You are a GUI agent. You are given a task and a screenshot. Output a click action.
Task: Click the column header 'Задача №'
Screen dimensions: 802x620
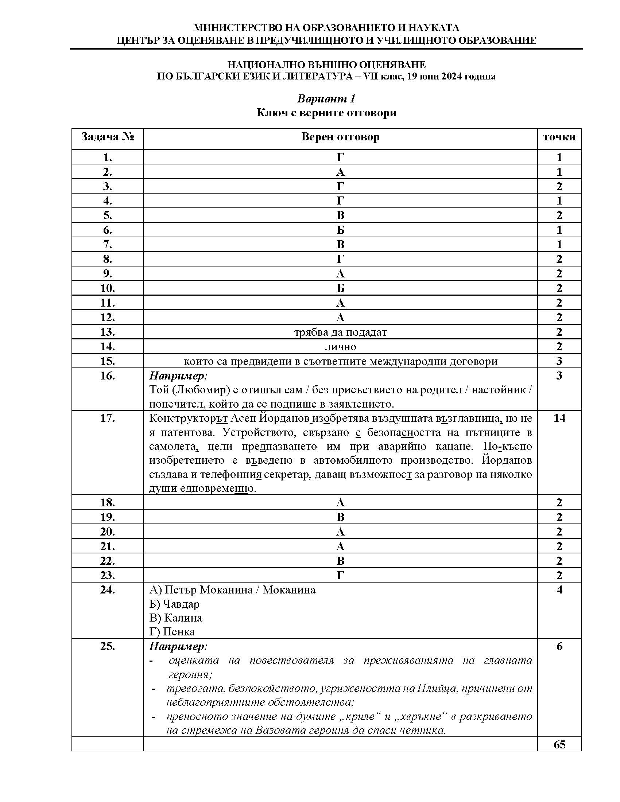coord(107,137)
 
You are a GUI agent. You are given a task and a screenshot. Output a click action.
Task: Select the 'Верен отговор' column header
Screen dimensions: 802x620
coord(340,137)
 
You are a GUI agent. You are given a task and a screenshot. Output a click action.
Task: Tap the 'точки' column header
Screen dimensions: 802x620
coord(559,137)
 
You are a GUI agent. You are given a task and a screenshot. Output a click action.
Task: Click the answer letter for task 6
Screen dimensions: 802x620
coord(340,230)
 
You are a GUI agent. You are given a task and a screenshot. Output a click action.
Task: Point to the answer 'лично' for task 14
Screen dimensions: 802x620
coord(340,346)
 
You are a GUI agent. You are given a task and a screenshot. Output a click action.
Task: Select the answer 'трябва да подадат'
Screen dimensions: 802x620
coord(340,332)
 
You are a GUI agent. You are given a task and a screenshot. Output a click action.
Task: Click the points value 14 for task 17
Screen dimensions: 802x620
coord(559,418)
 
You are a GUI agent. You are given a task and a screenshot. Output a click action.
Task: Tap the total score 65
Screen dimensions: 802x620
coord(559,744)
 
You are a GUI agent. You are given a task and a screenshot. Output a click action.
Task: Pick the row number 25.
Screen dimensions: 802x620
coord(107,646)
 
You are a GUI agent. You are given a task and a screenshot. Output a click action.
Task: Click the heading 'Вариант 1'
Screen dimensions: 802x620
coord(326,99)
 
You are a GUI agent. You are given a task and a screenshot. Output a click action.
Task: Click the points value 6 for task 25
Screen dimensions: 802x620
coord(559,646)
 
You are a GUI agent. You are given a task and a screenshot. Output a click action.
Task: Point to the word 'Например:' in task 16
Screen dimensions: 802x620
coord(178,375)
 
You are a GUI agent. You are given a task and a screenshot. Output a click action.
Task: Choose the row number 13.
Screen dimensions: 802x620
coord(107,332)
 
